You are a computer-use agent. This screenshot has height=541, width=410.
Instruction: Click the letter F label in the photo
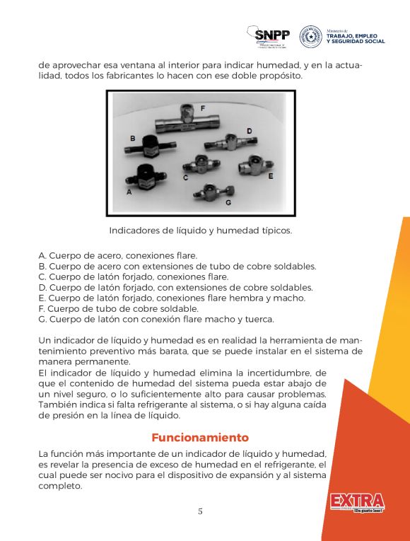pos(203,108)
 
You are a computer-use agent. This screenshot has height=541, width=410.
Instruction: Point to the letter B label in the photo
pos(132,137)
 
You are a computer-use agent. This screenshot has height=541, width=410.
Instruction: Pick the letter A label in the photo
pos(129,192)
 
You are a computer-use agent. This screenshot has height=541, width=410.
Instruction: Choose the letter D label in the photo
pos(249,131)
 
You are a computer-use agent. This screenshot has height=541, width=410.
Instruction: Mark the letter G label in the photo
pos(228,202)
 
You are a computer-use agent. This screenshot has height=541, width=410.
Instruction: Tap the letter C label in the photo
pos(185,178)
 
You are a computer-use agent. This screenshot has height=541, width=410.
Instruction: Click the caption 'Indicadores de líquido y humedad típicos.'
pos(200,231)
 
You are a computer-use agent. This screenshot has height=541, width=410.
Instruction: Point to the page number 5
pos(200,511)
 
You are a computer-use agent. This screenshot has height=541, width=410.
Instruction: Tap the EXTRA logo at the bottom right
pos(356,503)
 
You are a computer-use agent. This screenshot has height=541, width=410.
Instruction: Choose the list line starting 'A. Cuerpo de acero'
pos(117,255)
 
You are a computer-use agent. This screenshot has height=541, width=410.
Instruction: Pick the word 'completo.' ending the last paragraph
pos(61,487)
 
